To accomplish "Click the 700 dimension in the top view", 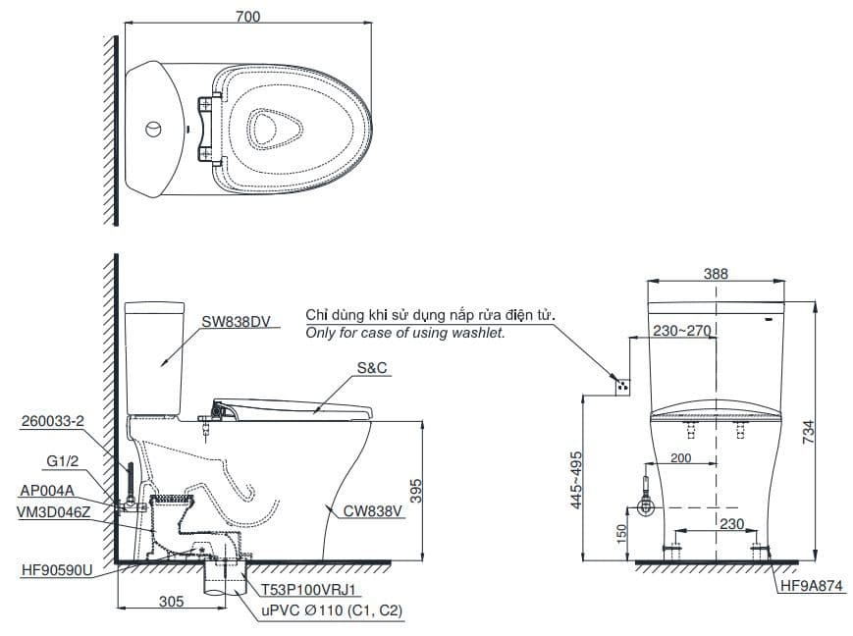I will click(246, 15).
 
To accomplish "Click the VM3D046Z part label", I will click(55, 510).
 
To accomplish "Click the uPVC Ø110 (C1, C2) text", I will click(331, 610).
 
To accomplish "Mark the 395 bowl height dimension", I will click(415, 491).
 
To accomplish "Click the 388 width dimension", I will click(716, 274).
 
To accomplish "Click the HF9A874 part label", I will click(811, 587).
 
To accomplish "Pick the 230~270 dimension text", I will click(680, 332).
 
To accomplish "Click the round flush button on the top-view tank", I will click(152, 129).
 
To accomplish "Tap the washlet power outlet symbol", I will click(618, 385).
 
